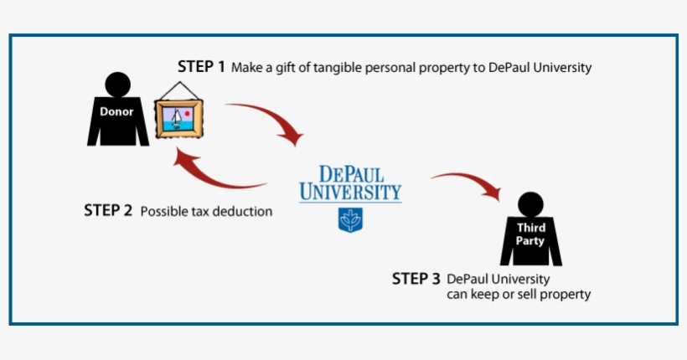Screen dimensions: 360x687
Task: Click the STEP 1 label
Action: pyautogui.click(x=201, y=67)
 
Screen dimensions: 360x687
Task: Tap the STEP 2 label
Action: pyautogui.click(x=108, y=211)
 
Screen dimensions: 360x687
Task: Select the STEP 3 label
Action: pyautogui.click(x=416, y=279)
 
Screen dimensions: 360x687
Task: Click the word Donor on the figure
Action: pyautogui.click(x=116, y=111)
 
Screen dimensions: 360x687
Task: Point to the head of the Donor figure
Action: pyautogui.click(x=118, y=84)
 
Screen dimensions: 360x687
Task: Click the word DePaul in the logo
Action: pyautogui.click(x=349, y=175)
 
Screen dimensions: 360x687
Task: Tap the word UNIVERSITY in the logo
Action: pyautogui.click(x=350, y=193)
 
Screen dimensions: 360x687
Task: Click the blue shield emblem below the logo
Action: pyautogui.click(x=349, y=220)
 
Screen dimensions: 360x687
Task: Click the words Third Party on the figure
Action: pyautogui.click(x=530, y=234)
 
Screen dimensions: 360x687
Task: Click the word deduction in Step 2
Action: pyautogui.click(x=243, y=212)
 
